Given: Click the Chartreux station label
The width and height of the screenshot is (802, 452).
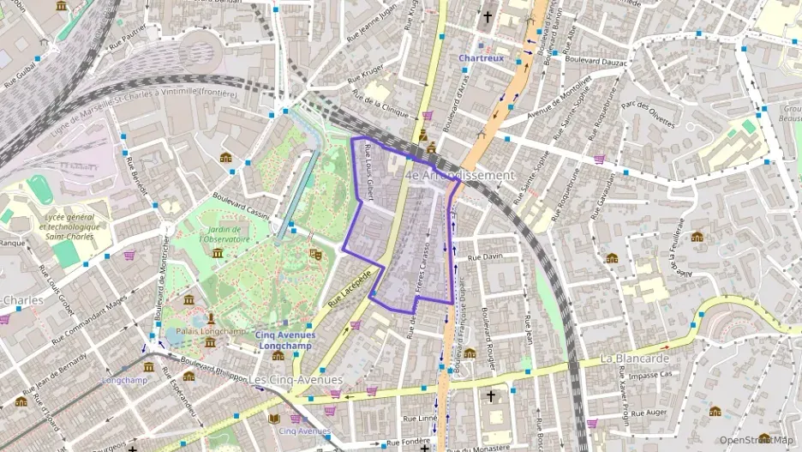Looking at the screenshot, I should click(481, 58).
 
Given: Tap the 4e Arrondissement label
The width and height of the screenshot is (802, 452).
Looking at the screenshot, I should click(460, 175).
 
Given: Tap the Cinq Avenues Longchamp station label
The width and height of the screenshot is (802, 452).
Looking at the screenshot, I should click(285, 341).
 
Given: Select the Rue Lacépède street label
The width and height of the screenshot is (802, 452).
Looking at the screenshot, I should click(350, 288).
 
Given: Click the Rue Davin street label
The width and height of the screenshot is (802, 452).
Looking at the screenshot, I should click(485, 256).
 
